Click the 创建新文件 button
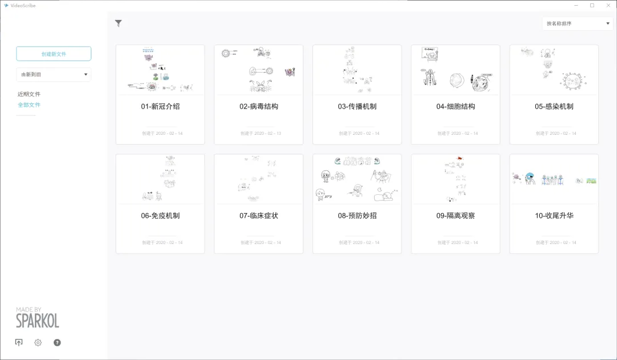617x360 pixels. tap(54, 54)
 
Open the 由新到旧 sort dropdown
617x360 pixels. tap(54, 74)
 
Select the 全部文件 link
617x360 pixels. tap(29, 105)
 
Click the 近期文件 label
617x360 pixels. tap(29, 94)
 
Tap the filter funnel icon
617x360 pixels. tap(118, 23)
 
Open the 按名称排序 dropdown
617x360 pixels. tap(577, 23)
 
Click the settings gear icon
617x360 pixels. tap(38, 342)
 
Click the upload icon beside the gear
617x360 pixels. tap(19, 342)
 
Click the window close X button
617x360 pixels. tap(607, 5)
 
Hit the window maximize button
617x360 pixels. tap(592, 5)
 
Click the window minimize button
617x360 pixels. tap(576, 5)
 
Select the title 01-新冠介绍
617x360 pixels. tap(161, 106)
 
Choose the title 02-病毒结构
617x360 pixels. tap(259, 106)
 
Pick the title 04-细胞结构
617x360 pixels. tap(456, 106)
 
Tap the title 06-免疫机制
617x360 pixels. tap(161, 215)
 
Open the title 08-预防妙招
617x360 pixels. tap(357, 215)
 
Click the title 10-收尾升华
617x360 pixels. tap(554, 215)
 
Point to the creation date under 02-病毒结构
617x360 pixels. tap(259, 133)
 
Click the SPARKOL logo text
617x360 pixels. tap(37, 320)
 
